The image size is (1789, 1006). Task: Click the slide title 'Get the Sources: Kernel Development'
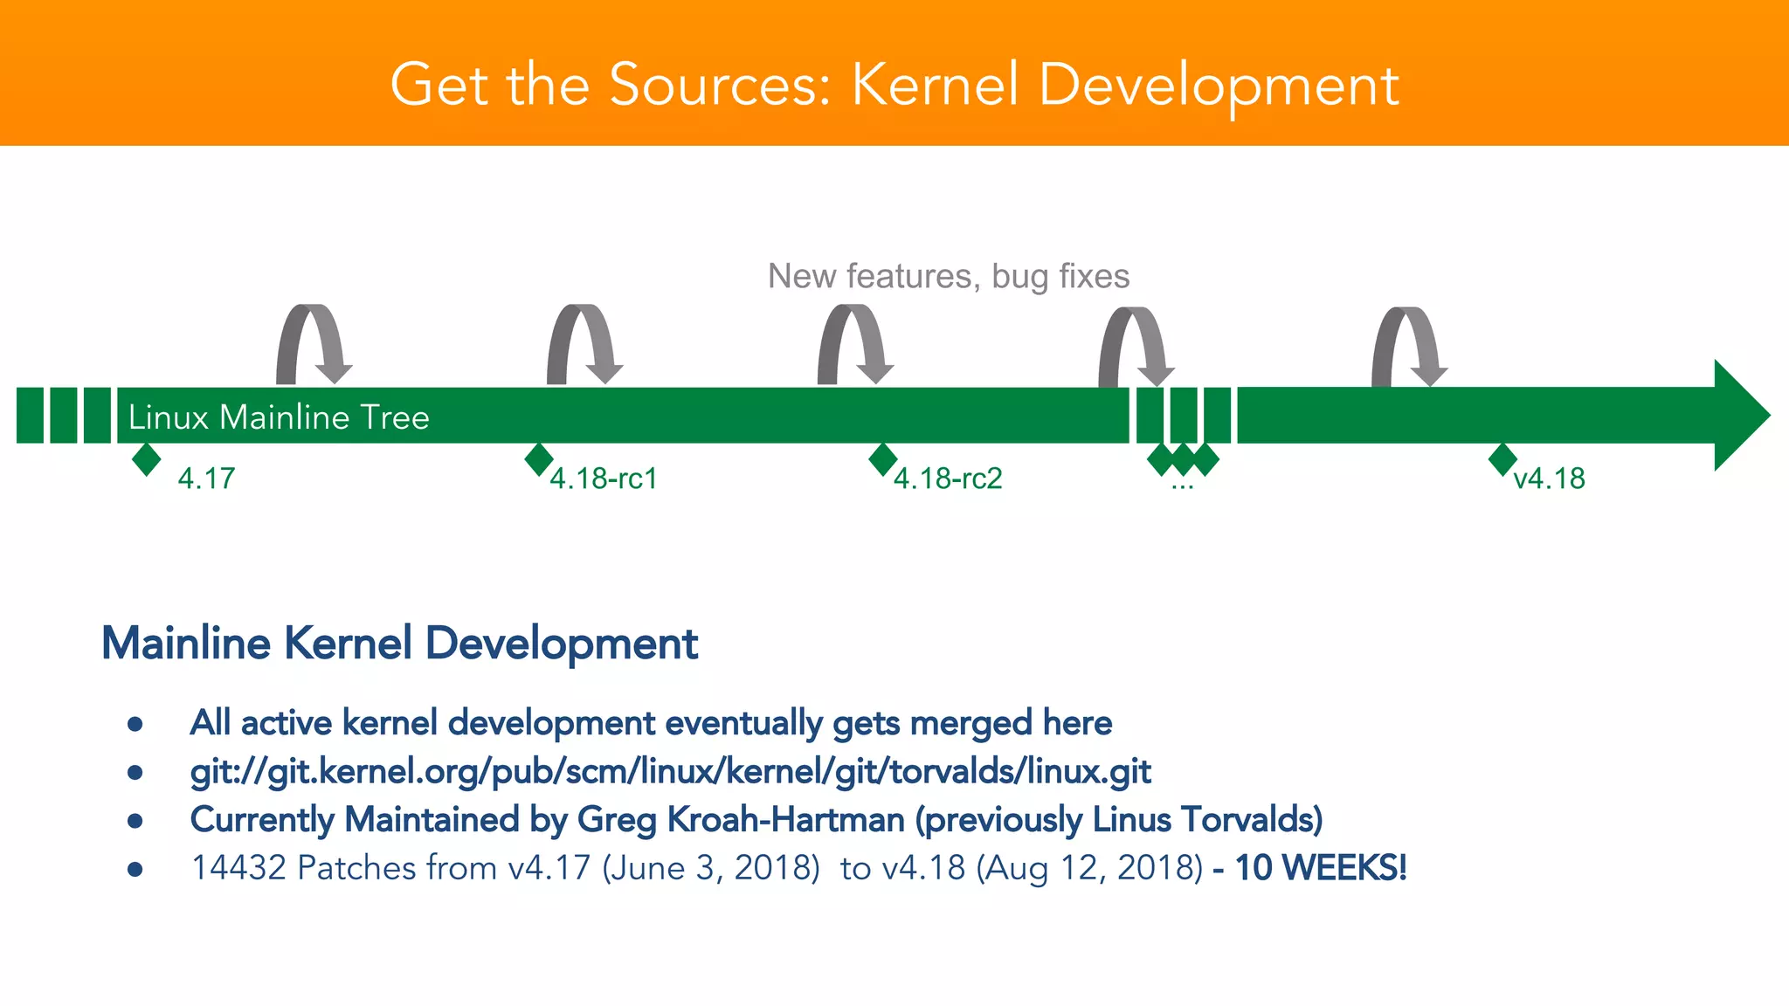[x=894, y=85]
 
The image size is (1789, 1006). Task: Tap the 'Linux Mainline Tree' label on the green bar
[x=278, y=417]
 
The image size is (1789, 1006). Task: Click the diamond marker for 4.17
[x=147, y=459]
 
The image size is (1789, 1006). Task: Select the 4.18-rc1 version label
[x=603, y=479]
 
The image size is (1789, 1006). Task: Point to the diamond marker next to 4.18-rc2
[x=883, y=459]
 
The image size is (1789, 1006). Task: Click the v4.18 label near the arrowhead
[x=1549, y=479]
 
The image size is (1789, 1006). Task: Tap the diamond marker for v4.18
[x=1502, y=459]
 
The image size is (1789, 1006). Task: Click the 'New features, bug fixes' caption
[x=948, y=276]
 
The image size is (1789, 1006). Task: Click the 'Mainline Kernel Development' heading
[x=399, y=644]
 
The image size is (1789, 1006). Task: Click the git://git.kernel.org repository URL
[x=670, y=772]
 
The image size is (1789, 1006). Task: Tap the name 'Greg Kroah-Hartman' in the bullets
[x=741, y=820]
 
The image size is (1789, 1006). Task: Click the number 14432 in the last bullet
[x=238, y=868]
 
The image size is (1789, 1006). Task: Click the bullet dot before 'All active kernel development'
[x=135, y=724]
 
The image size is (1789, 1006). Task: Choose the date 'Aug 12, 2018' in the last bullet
[x=1090, y=868]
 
